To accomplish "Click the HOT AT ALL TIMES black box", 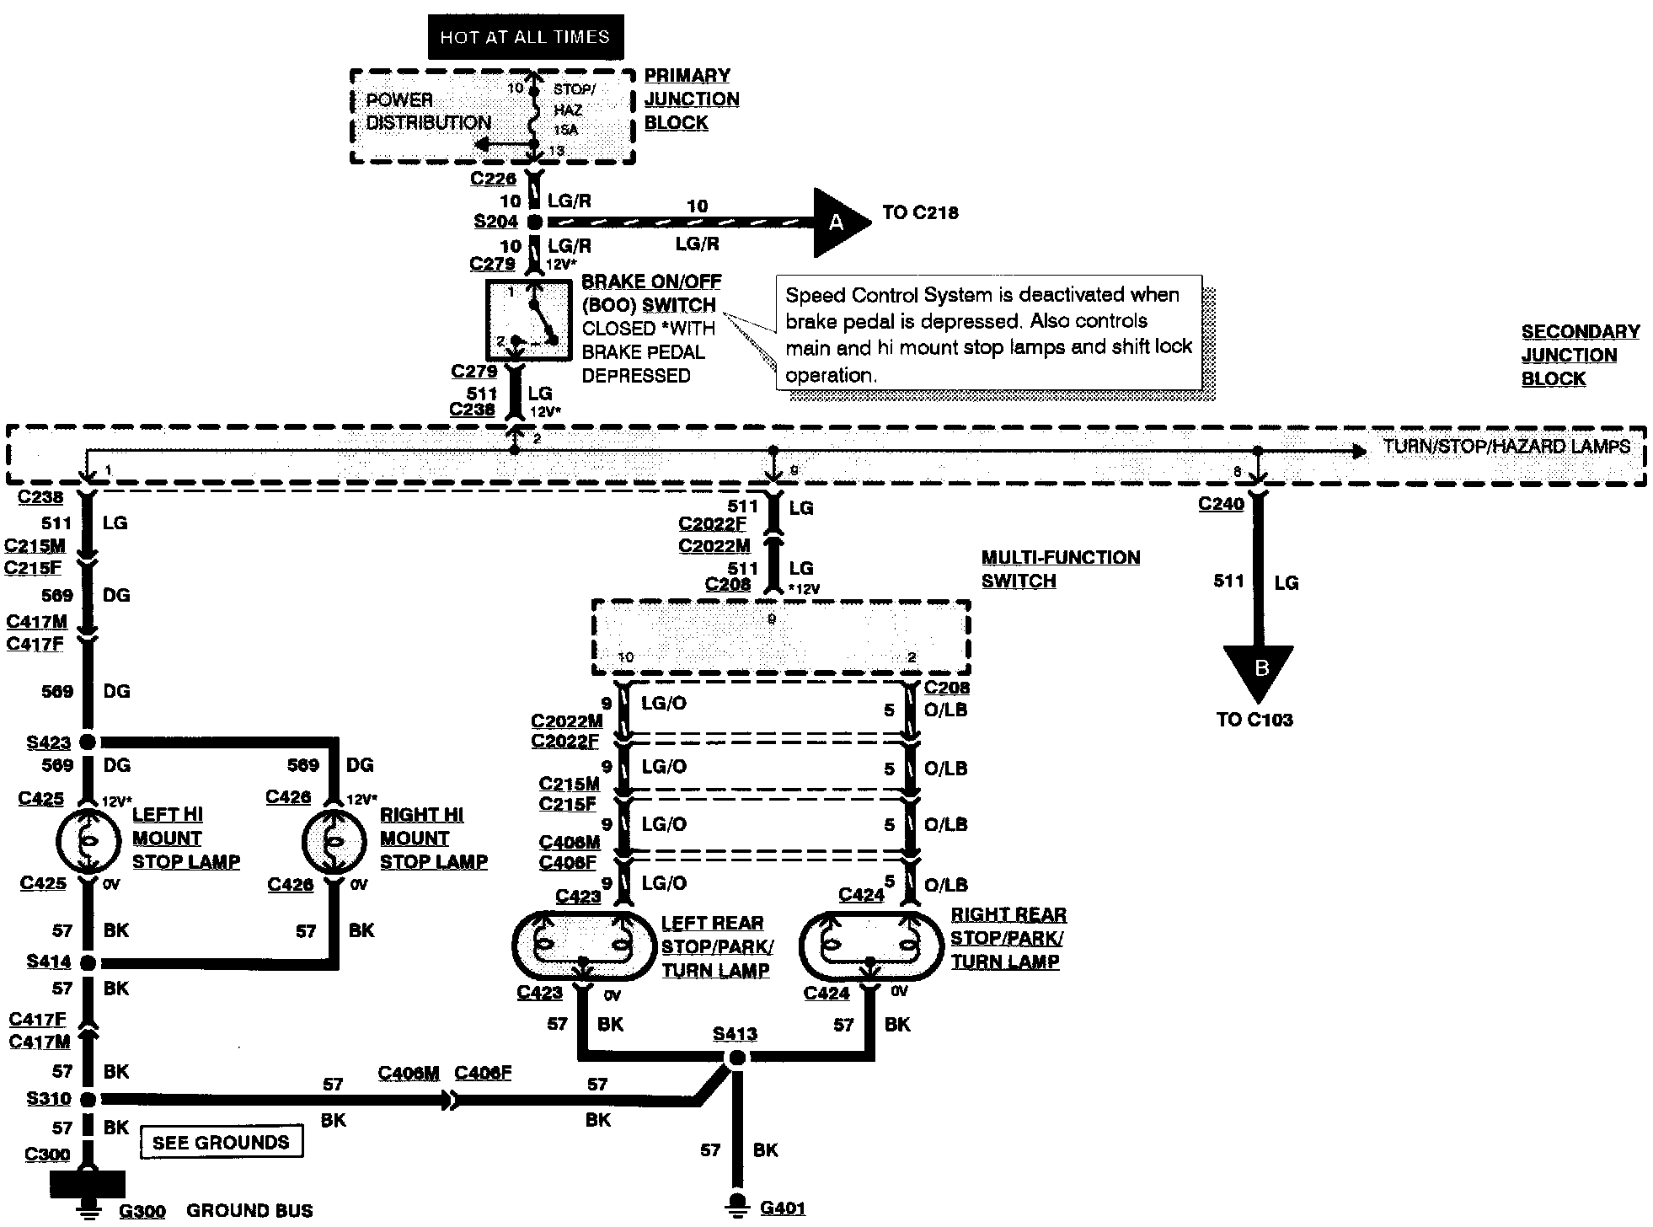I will [525, 37].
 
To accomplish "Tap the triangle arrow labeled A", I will [839, 222].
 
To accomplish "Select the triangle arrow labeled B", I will [1259, 671].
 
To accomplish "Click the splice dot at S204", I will [534, 222].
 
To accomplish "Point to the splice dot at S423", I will [86, 742].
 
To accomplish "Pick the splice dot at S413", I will [736, 1058].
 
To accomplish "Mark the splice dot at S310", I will [86, 1099].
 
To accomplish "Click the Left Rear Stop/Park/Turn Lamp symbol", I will [583, 946].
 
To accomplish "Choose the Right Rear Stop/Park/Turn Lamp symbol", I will [870, 946].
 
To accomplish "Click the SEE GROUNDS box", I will [221, 1142].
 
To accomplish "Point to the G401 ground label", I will [783, 1208].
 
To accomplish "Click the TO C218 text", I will [920, 212].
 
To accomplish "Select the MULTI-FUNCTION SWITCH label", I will [1060, 569].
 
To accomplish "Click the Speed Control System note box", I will [988, 334].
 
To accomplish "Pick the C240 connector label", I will [1221, 504].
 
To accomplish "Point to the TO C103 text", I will [1254, 720].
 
